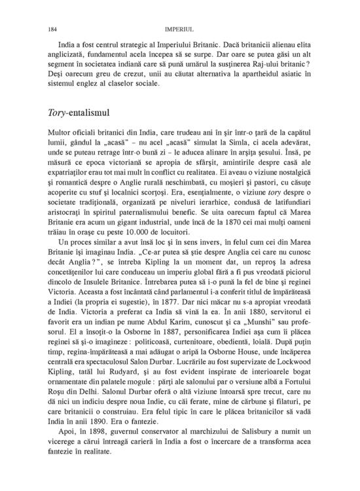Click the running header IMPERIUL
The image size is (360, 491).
coord(179,29)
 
